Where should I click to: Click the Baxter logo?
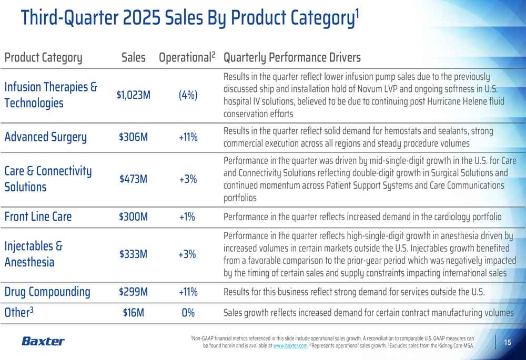click(x=43, y=342)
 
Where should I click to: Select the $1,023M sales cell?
click(x=134, y=95)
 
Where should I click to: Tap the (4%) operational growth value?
click(x=188, y=95)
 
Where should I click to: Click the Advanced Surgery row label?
click(x=45, y=137)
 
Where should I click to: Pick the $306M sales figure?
click(x=134, y=137)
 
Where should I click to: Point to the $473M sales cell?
click(x=134, y=179)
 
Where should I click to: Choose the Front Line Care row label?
click(x=38, y=217)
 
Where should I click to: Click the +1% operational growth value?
click(x=188, y=217)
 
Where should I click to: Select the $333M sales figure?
click(x=134, y=254)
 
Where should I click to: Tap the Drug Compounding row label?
click(x=47, y=292)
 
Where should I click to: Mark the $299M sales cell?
click(x=134, y=292)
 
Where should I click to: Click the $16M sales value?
click(x=134, y=313)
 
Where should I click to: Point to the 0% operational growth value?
click(x=188, y=313)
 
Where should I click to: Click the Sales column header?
click(x=133, y=57)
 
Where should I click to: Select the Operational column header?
click(x=187, y=57)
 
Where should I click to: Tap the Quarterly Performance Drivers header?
click(x=292, y=57)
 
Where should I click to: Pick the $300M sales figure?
click(x=134, y=217)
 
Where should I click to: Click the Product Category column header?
click(x=43, y=58)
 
